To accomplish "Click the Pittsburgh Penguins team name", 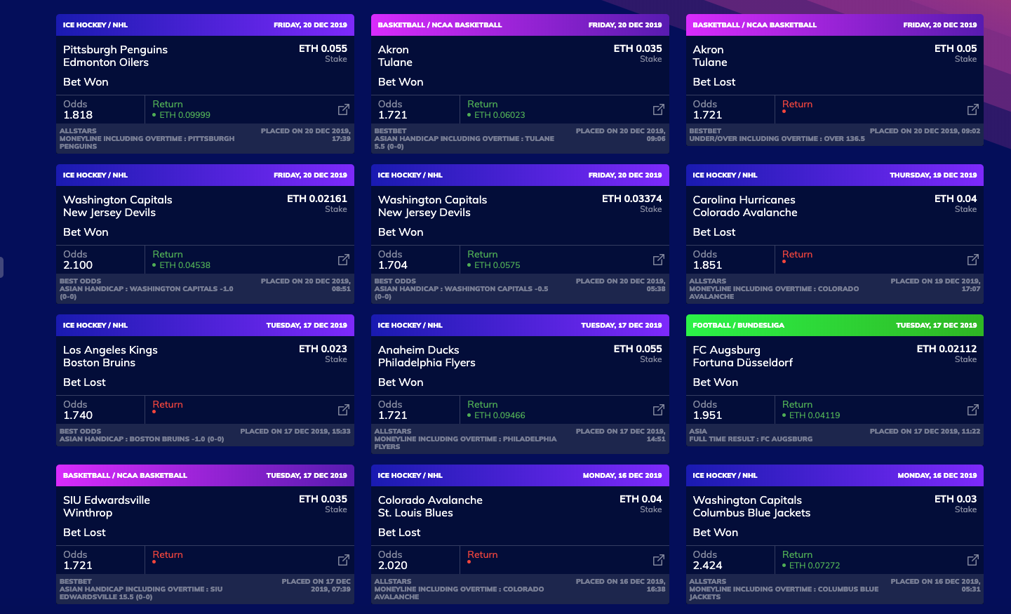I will click(115, 50).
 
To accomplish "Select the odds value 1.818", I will click(78, 115).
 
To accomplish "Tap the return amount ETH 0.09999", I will click(185, 115).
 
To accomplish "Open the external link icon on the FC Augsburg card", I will click(972, 410).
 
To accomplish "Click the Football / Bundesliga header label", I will click(738, 326).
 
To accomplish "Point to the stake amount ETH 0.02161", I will click(316, 199).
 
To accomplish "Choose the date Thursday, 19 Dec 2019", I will click(932, 175).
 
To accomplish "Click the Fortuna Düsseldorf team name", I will click(742, 363).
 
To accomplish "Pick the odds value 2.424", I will click(707, 566).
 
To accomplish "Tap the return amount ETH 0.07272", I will click(814, 566).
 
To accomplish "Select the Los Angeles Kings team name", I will click(110, 350).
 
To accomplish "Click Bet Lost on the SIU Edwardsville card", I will click(84, 533).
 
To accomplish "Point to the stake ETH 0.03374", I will click(631, 199).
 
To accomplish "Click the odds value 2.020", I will click(393, 566).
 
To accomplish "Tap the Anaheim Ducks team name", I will click(418, 350).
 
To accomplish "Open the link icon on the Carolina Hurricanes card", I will click(972, 260).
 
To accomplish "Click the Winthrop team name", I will click(88, 513).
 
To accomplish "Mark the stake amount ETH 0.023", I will click(323, 349).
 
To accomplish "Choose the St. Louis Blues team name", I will click(415, 513).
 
